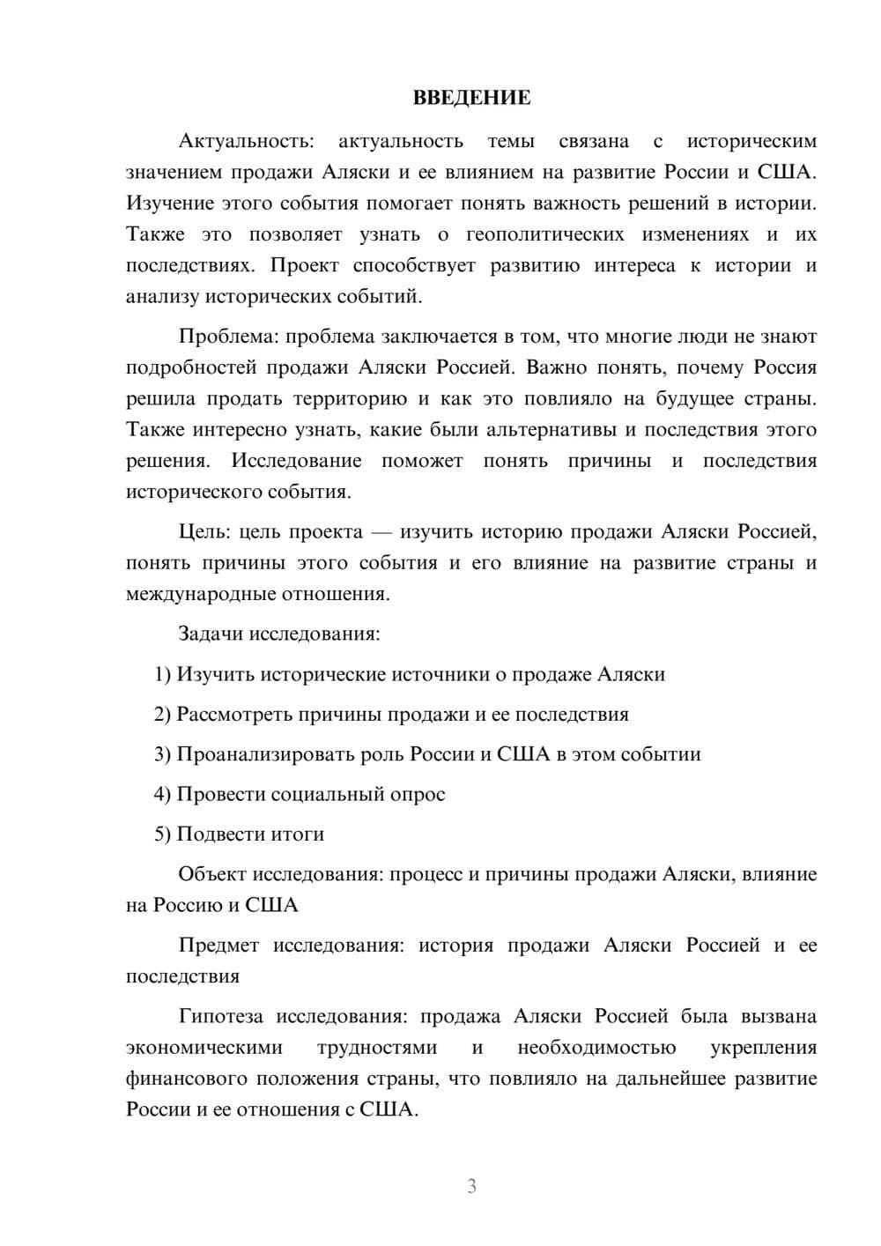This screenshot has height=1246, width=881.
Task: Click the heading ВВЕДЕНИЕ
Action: (x=471, y=98)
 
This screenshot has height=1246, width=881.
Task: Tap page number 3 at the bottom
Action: (x=471, y=1186)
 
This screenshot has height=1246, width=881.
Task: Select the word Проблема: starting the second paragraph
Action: (x=229, y=337)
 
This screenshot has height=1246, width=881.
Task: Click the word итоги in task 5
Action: (x=299, y=834)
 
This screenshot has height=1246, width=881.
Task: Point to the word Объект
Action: (x=212, y=875)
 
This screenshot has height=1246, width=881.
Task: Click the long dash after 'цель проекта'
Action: (x=381, y=532)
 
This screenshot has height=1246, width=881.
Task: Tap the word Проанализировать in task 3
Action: (x=266, y=755)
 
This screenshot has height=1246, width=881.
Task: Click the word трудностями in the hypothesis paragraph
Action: (x=376, y=1048)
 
